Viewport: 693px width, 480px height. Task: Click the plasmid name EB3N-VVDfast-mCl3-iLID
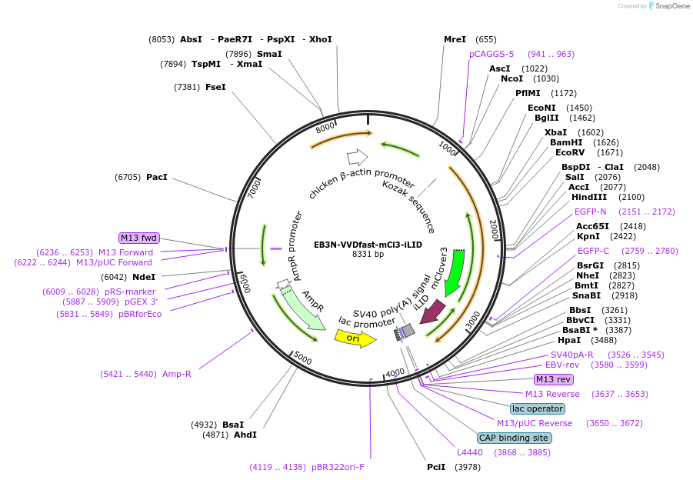(368, 245)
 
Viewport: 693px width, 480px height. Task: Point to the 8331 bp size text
(368, 254)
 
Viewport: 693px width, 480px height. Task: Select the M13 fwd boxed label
(138, 238)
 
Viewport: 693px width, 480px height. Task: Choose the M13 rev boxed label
(554, 379)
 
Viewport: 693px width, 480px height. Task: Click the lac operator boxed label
(538, 408)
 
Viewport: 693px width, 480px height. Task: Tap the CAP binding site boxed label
(514, 438)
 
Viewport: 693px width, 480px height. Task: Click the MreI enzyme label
(455, 39)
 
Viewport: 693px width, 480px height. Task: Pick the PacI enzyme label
(156, 177)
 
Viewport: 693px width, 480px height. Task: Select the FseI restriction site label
(215, 87)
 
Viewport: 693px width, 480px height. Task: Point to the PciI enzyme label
(436, 467)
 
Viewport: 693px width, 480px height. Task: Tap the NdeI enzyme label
(144, 277)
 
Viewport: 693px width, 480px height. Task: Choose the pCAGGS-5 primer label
(491, 54)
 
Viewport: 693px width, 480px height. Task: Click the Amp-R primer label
(176, 374)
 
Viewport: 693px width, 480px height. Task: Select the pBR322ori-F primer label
(338, 467)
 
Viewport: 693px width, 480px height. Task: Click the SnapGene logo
(668, 6)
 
